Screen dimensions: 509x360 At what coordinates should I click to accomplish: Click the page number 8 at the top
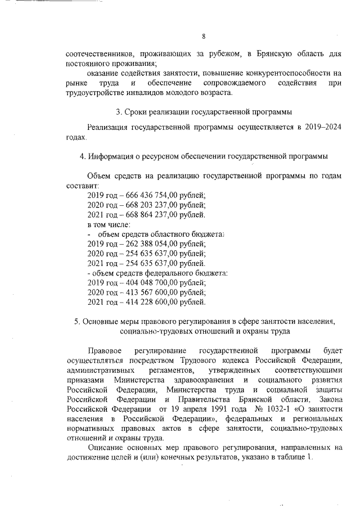click(204, 37)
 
